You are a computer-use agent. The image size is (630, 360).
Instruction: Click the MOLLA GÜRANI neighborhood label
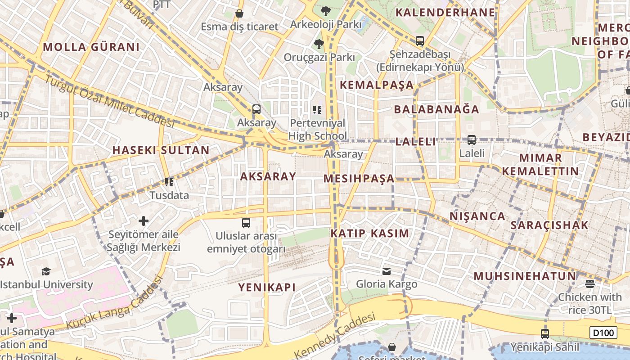click(x=91, y=47)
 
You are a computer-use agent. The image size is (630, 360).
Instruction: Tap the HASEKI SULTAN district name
click(x=161, y=150)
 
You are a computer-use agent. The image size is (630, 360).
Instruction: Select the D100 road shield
click(x=603, y=333)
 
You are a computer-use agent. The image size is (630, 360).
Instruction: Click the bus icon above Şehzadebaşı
click(x=420, y=41)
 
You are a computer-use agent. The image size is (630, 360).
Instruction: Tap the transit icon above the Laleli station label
click(x=471, y=140)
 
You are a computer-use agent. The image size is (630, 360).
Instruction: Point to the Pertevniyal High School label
click(x=318, y=129)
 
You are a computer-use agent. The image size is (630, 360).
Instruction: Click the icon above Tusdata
click(x=169, y=182)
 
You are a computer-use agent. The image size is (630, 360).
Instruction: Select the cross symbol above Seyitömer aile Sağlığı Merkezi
click(x=144, y=221)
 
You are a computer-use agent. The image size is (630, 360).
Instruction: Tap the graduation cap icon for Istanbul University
click(x=46, y=271)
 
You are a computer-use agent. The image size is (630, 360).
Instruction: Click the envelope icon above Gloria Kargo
click(x=387, y=271)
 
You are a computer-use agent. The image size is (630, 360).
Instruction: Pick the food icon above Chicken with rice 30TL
click(x=590, y=283)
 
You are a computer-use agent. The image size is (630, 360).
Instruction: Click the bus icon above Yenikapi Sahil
click(x=545, y=334)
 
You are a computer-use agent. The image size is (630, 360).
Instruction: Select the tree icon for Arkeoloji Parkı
click(x=325, y=11)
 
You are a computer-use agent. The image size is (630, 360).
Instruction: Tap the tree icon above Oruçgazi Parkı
click(x=319, y=44)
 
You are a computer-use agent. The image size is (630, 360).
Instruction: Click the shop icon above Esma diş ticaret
click(x=239, y=14)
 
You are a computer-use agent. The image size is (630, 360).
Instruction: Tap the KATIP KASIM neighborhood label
click(x=370, y=234)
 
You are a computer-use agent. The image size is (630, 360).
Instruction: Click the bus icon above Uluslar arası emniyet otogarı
click(x=246, y=222)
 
